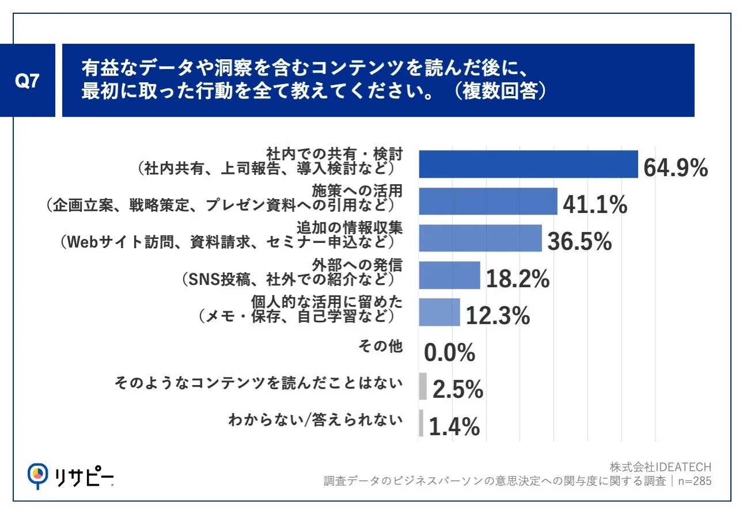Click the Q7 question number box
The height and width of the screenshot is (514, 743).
tap(27, 80)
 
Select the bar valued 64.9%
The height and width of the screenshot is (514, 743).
tap(528, 164)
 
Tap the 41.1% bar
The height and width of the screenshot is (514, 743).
tap(488, 201)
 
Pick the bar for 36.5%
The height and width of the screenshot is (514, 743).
tap(480, 238)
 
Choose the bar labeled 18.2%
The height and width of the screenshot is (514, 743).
tap(449, 275)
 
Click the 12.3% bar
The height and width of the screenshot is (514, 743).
tap(439, 312)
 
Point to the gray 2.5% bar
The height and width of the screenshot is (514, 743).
tap(423, 386)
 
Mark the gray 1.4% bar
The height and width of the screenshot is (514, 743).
tap(421, 423)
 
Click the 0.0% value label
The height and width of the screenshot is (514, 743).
tap(449, 352)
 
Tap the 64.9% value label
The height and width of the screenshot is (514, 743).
tap(676, 167)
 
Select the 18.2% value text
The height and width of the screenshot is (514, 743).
tap(518, 279)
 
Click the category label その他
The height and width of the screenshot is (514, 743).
tap(381, 346)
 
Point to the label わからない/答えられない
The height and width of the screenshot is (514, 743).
tap(316, 420)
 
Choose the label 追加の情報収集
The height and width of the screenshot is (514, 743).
tap(350, 228)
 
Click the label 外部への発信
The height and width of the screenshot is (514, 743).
tap(357, 265)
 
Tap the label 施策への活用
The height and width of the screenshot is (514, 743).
tap(357, 191)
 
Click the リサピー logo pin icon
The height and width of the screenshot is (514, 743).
tap(37, 476)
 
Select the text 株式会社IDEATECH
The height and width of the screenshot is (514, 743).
tap(661, 467)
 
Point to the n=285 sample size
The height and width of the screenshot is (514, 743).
tap(695, 481)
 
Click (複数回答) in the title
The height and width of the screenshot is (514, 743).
tap(499, 91)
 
